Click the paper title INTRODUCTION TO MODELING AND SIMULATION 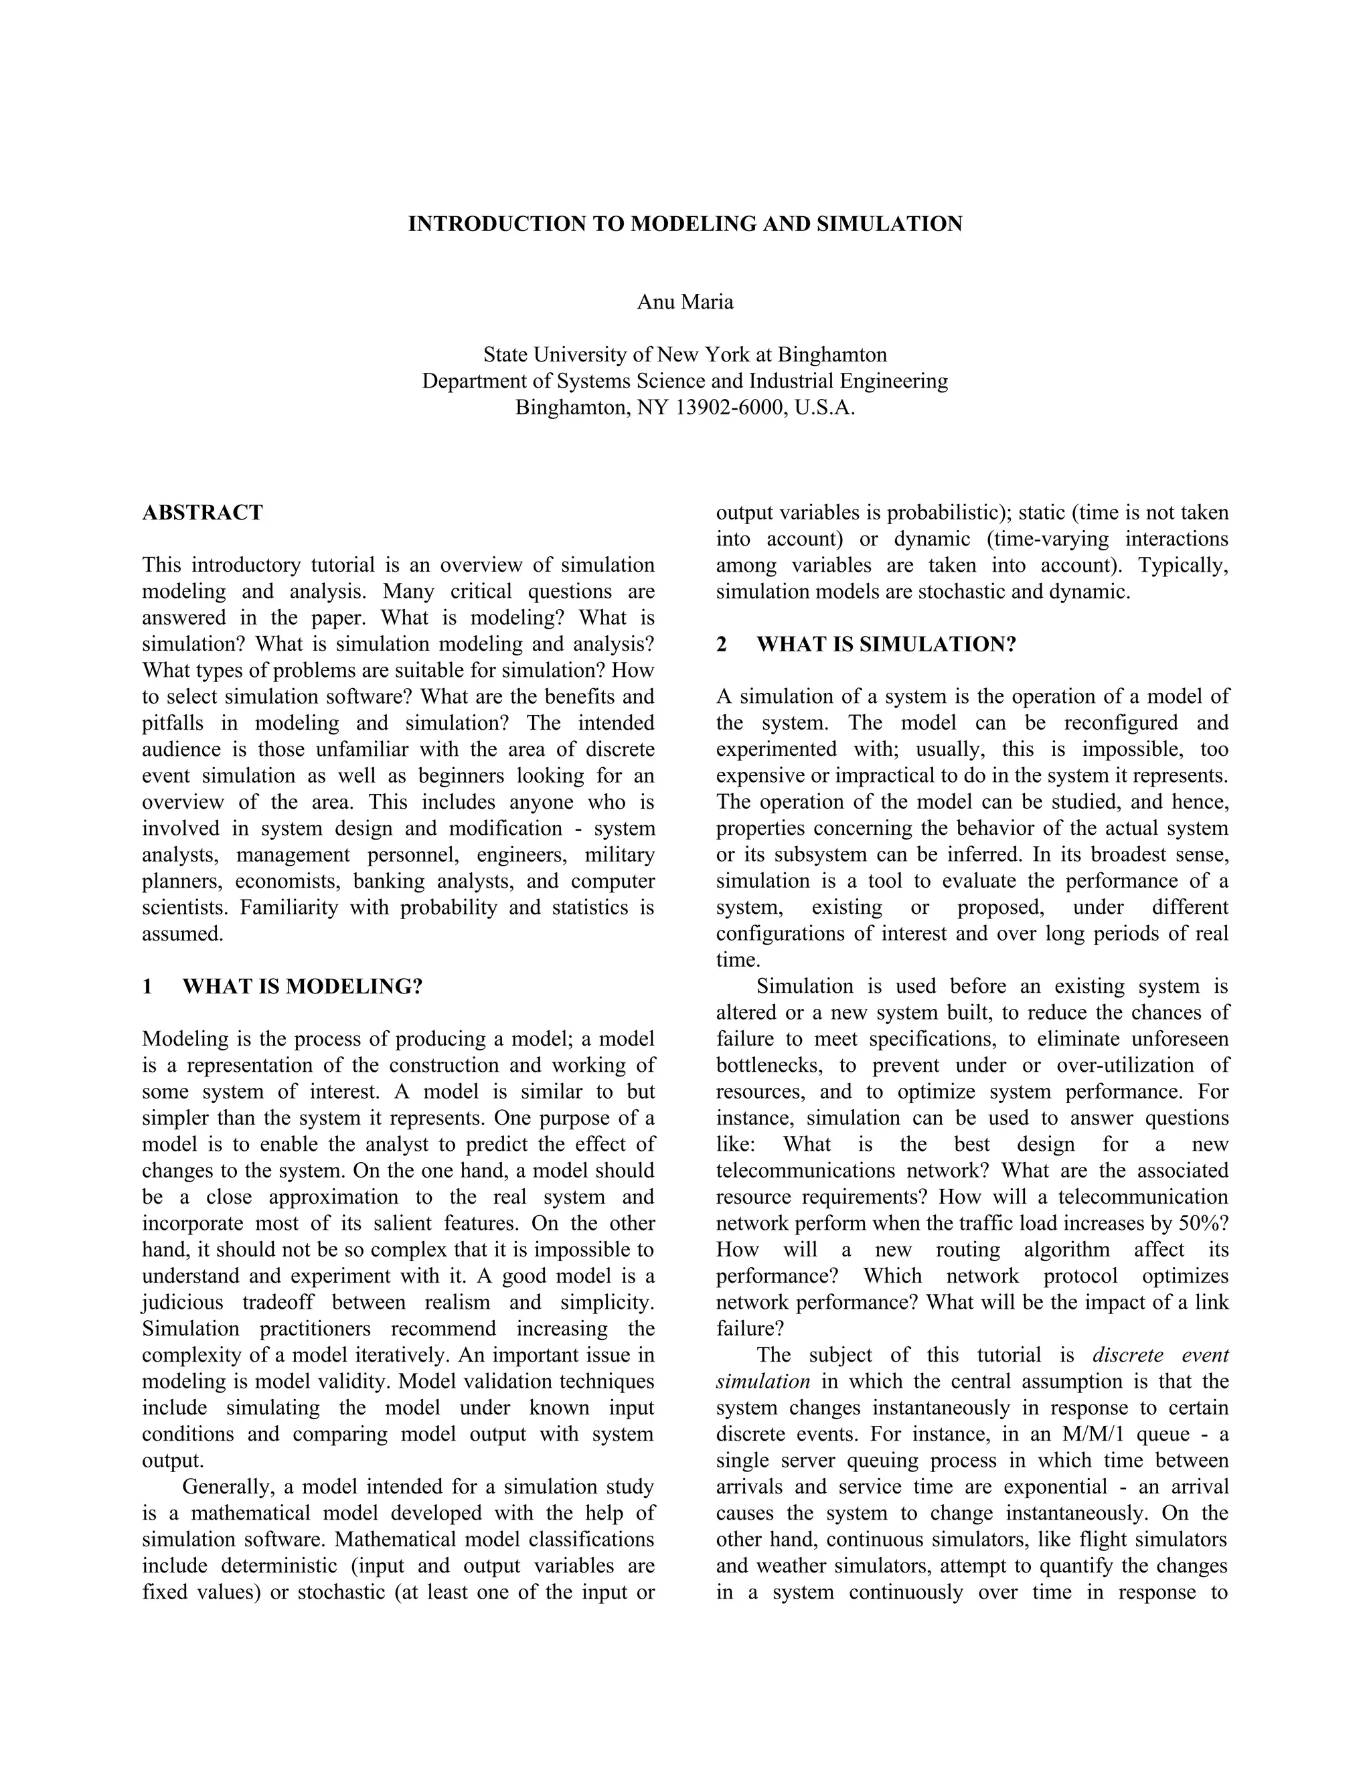click(685, 224)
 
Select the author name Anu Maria click(685, 302)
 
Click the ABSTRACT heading click(202, 513)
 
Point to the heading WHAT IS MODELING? click(302, 987)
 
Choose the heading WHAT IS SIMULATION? click(886, 644)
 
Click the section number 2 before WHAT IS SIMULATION click(721, 644)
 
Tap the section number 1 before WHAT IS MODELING click(147, 987)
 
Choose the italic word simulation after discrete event click(762, 1382)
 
